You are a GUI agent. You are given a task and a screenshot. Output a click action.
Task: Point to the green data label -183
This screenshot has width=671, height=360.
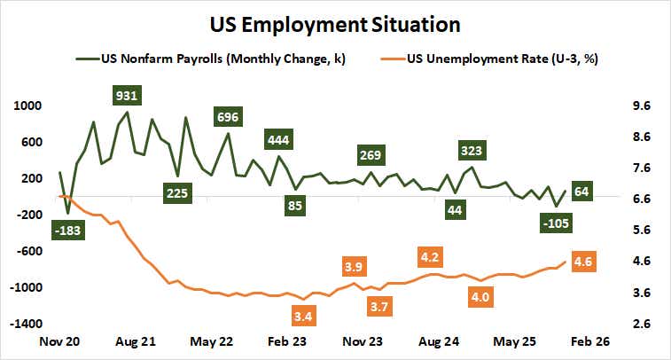tap(67, 231)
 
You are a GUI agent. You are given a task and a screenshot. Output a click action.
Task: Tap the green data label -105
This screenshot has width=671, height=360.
tap(557, 223)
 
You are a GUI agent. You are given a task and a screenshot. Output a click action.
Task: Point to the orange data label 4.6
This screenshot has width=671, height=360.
tap(582, 262)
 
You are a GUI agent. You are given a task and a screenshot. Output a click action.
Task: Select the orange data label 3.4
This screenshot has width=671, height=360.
tap(303, 316)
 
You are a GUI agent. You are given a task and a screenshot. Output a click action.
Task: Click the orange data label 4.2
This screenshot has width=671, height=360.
tap(431, 257)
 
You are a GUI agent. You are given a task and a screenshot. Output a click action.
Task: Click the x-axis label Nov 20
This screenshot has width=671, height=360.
tap(59, 341)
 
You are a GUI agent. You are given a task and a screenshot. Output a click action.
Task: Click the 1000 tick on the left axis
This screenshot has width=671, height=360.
tap(29, 105)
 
